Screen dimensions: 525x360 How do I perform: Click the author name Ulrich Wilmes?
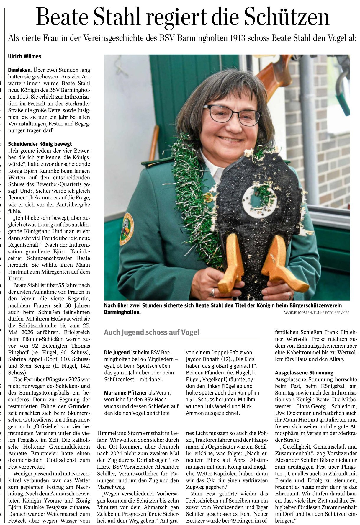pyautogui.click(x=24, y=56)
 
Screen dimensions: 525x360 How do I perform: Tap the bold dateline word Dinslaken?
pyautogui.click(x=20, y=70)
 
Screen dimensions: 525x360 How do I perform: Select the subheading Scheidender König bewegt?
pyautogui.click(x=40, y=144)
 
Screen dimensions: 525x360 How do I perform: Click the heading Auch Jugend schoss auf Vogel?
pyautogui.click(x=152, y=333)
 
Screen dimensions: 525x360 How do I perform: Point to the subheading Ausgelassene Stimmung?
pyautogui.click(x=304, y=373)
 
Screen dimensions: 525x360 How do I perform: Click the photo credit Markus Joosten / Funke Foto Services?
pyautogui.click(x=316, y=313)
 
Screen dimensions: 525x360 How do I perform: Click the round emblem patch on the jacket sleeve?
pyautogui.click(x=127, y=229)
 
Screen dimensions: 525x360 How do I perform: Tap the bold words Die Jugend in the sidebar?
pyautogui.click(x=117, y=352)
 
